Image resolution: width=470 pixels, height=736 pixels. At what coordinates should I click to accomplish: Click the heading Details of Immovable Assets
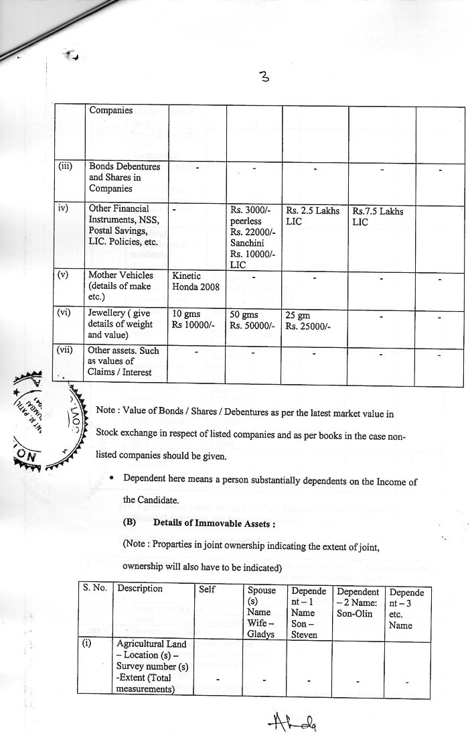(x=195, y=522)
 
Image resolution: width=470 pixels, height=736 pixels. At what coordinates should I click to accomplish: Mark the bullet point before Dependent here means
(x=110, y=479)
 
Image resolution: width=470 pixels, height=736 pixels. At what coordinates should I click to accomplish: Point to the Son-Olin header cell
(x=358, y=599)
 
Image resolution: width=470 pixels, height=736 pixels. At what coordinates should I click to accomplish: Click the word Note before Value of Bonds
(x=108, y=409)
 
